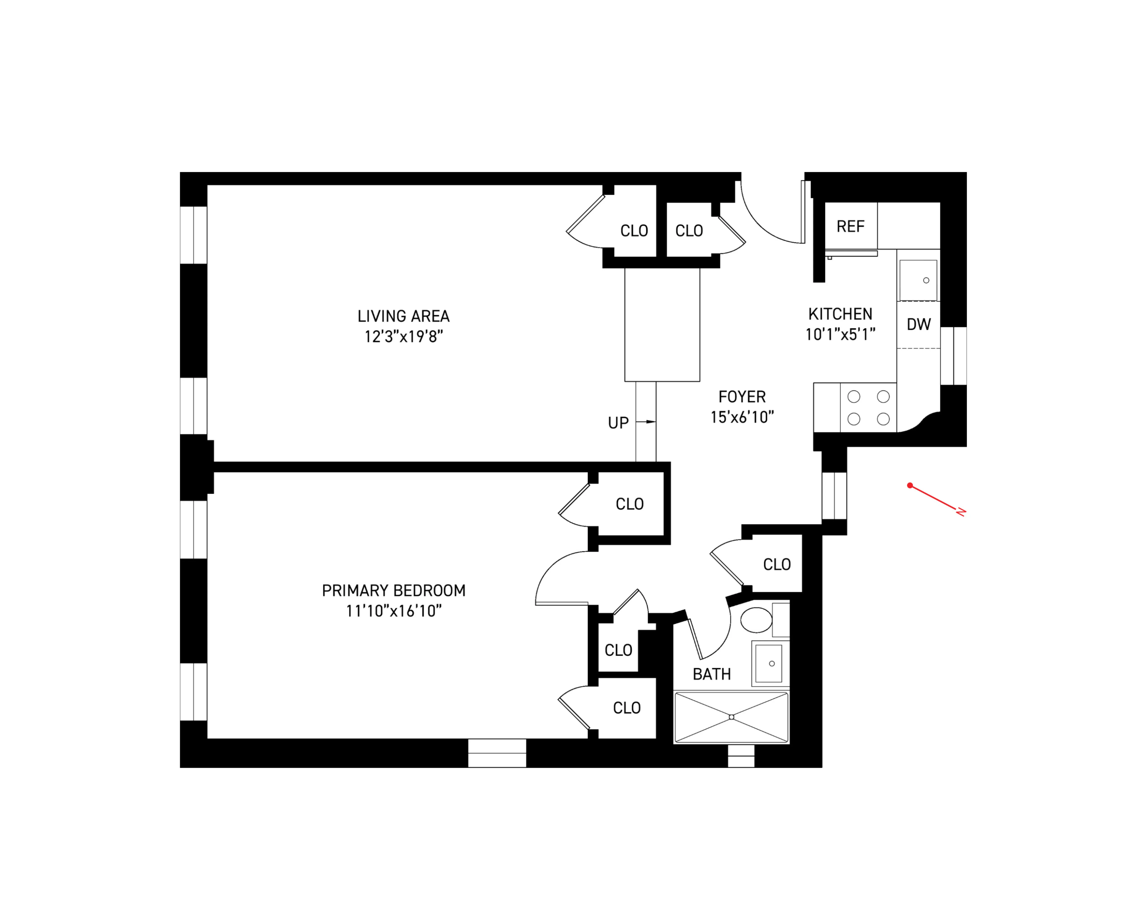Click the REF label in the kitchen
(x=850, y=226)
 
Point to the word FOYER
(x=742, y=397)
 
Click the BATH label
(x=711, y=674)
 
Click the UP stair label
(x=618, y=423)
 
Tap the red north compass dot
(x=910, y=485)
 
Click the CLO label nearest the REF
(x=689, y=231)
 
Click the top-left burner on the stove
(x=854, y=397)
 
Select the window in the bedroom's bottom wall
(x=497, y=753)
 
